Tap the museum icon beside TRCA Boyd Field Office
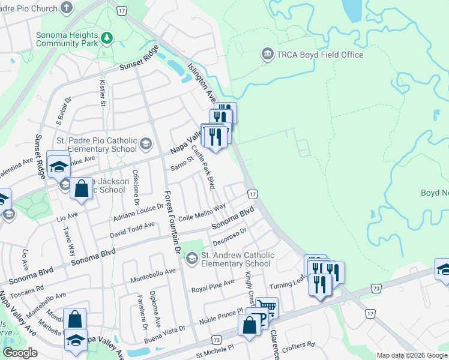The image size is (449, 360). [x=267, y=55]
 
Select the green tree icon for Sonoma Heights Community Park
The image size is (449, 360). [x=106, y=38]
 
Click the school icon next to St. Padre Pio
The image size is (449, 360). [x=146, y=143]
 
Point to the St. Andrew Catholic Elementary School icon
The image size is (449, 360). [x=191, y=259]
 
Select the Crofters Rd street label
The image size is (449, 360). [x=298, y=345]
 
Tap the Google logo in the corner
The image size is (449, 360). [x=20, y=352]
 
